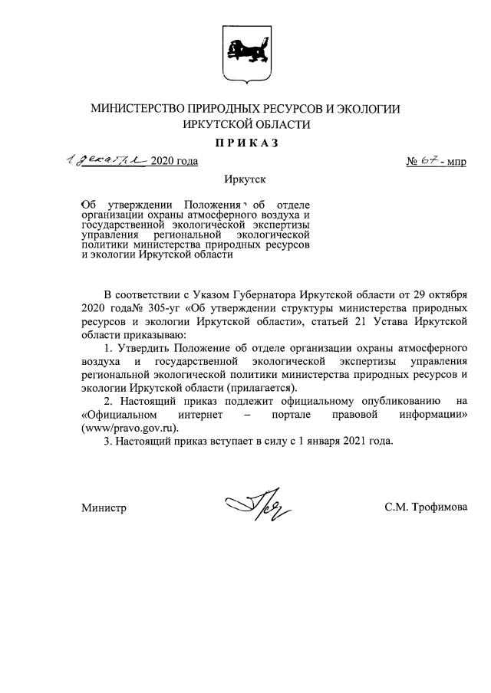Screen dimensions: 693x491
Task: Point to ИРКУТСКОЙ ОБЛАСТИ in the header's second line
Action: tap(245, 125)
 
